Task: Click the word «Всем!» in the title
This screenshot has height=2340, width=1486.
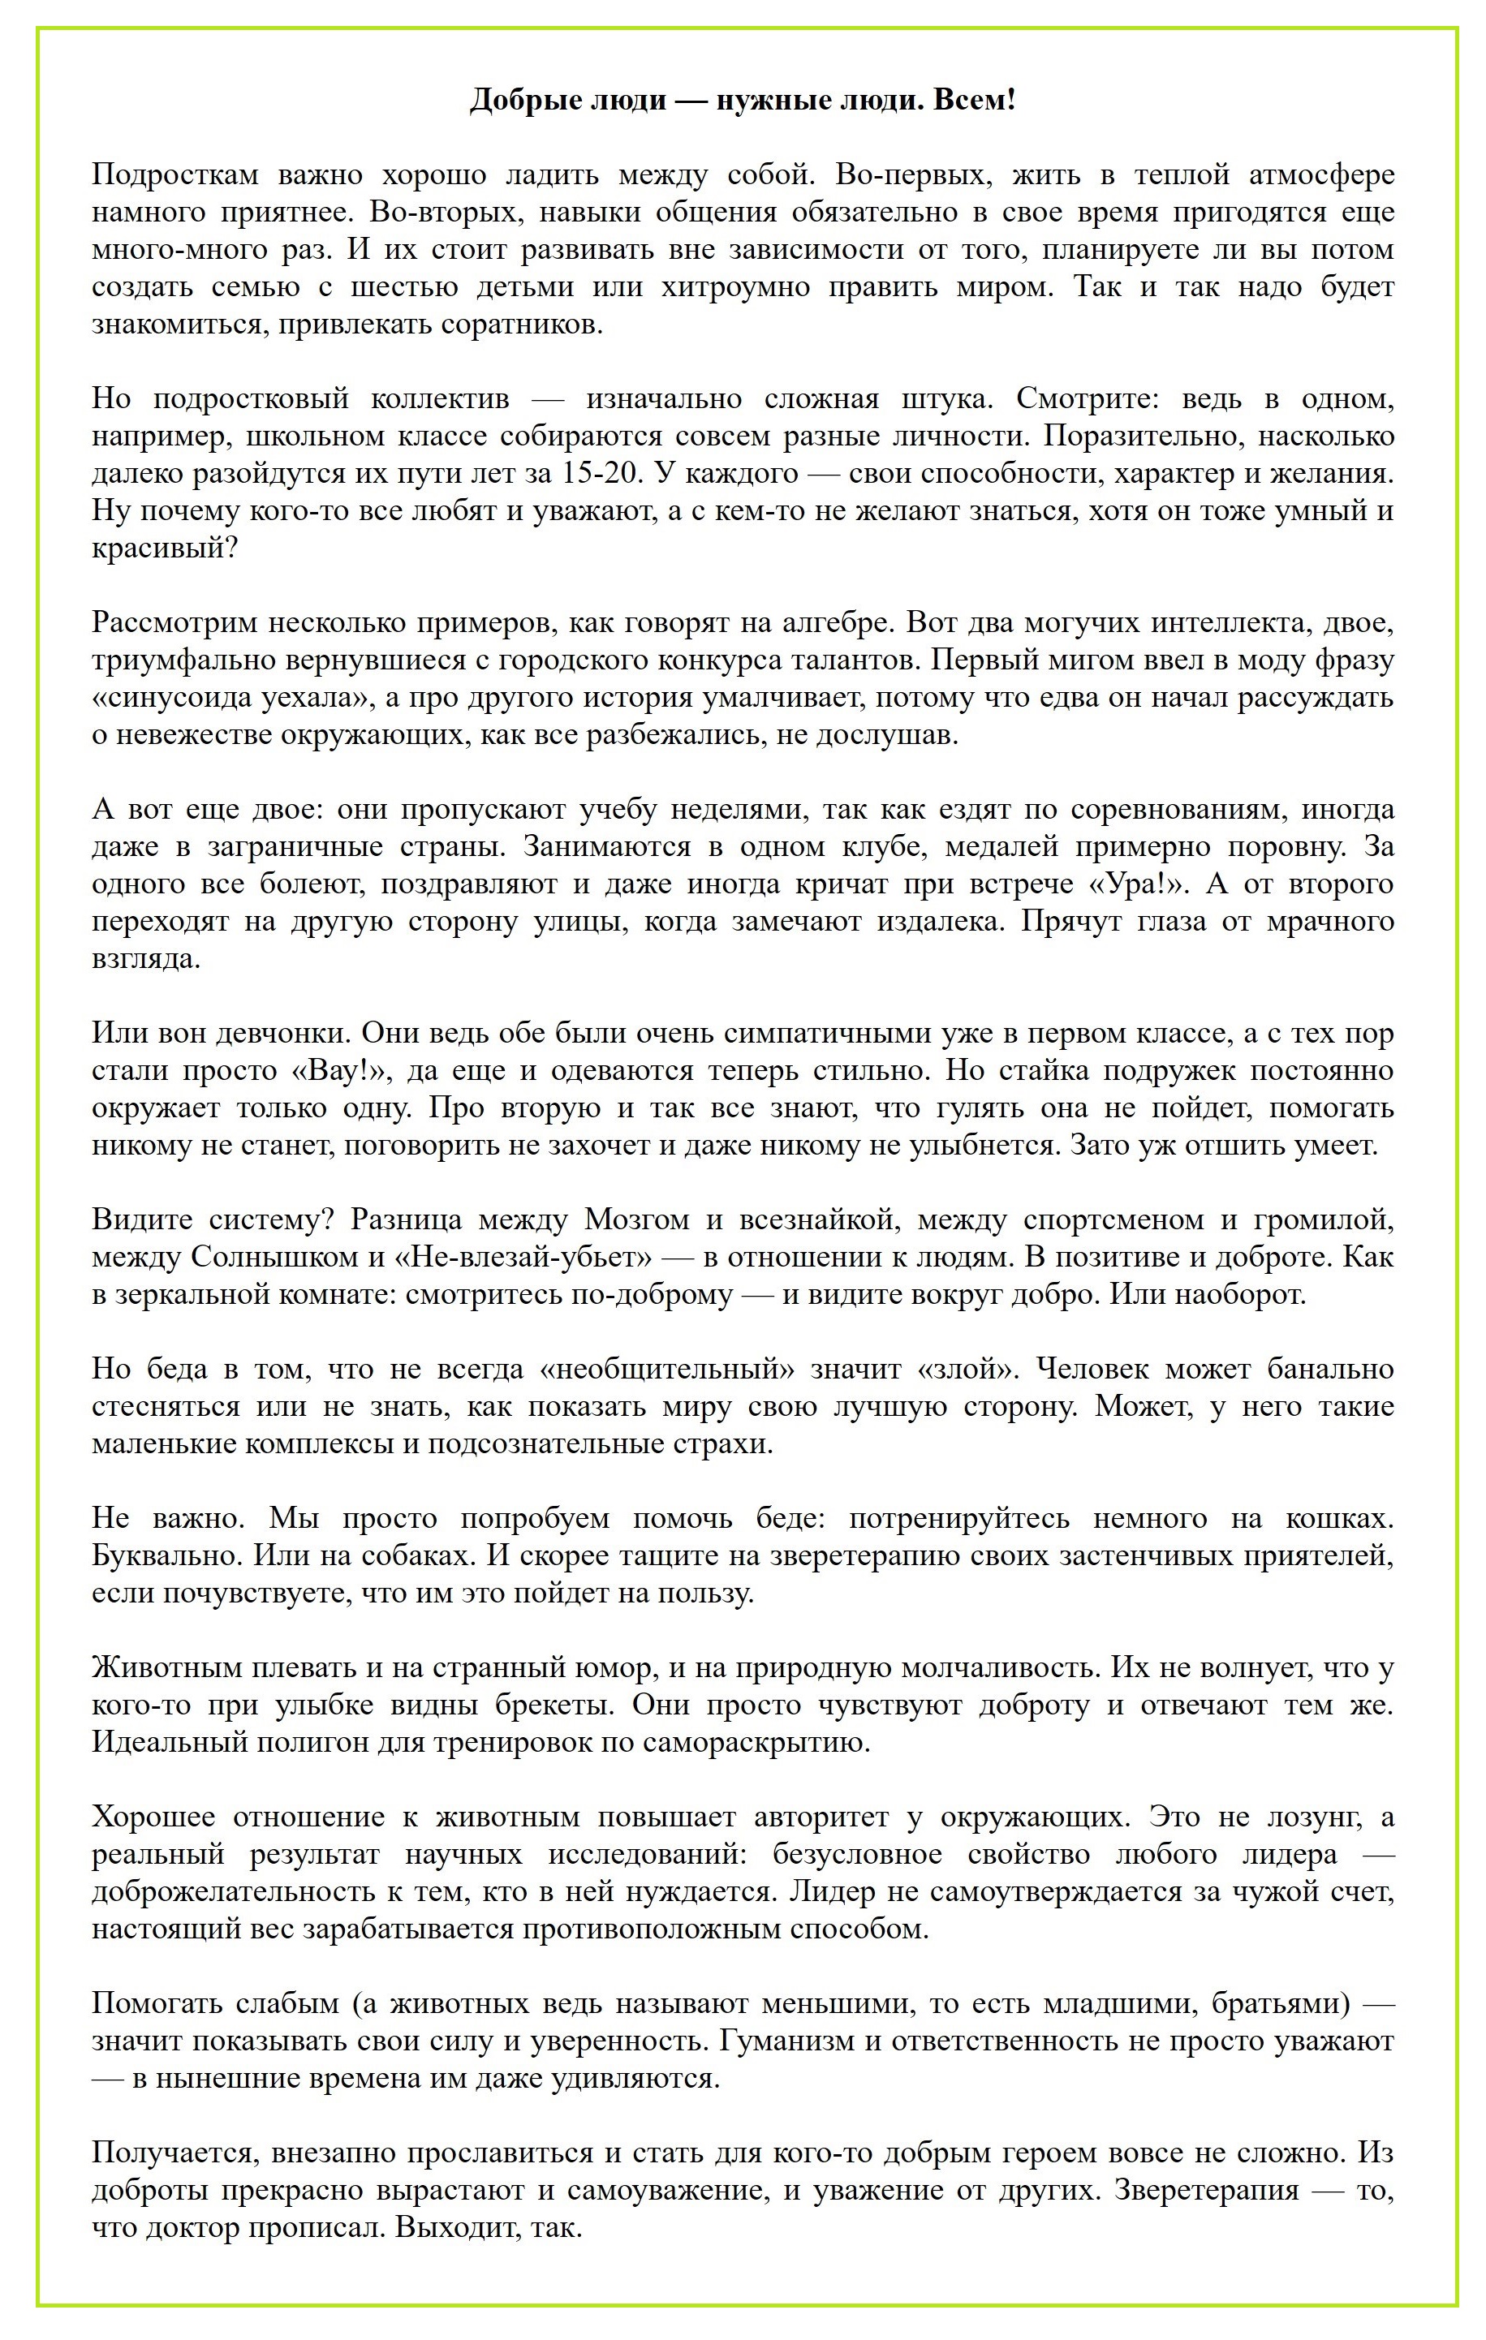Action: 974,99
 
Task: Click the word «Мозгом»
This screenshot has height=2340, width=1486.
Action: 636,1219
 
